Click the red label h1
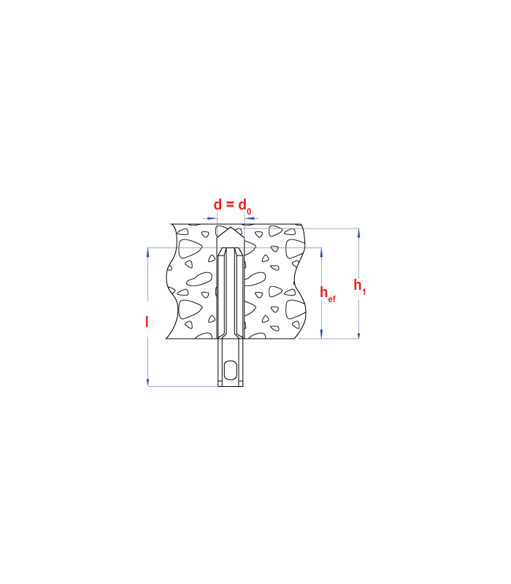point(360,287)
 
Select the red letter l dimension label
point(147,321)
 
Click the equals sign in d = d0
point(230,204)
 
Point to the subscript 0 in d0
point(249,212)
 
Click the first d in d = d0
point(218,204)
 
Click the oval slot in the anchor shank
point(231,370)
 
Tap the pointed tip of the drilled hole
point(231,227)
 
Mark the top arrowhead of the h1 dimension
point(358,232)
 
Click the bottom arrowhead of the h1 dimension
point(358,334)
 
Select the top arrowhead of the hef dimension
point(321,252)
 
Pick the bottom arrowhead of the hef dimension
point(321,334)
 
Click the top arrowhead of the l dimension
point(148,252)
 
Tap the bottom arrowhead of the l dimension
point(148,382)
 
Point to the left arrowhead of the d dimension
point(212,218)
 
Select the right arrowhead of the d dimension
point(249,218)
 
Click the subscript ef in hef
point(332,299)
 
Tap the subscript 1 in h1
point(364,291)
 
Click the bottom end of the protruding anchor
point(231,386)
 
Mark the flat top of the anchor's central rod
point(231,247)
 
